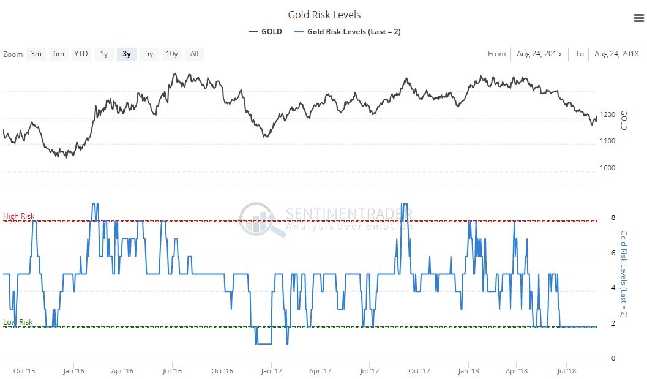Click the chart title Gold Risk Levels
324,15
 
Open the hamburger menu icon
638,18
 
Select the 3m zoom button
36,54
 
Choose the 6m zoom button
59,54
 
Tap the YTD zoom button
81,54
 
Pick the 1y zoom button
104,54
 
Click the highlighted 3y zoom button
127,54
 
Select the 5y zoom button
149,54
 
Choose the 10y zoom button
172,54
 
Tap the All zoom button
194,54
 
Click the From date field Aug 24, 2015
539,54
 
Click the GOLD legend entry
265,32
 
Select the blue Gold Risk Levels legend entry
347,32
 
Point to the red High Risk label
19,216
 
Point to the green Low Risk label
18,322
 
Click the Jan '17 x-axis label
271,370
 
